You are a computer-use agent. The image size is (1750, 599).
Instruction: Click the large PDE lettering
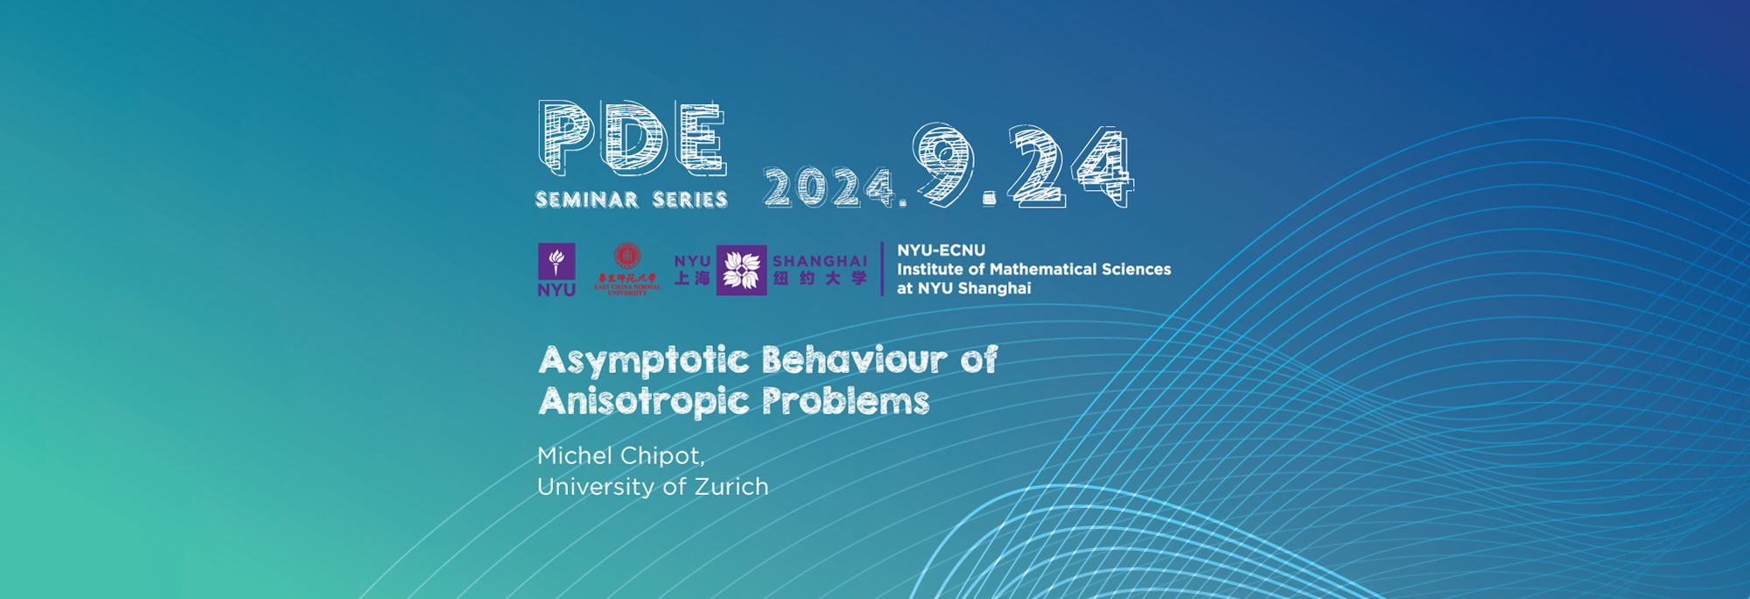pos(632,137)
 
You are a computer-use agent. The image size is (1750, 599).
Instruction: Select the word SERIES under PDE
pos(690,200)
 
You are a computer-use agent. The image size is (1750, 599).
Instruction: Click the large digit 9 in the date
pos(945,165)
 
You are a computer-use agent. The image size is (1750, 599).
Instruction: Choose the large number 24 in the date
pos(1070,166)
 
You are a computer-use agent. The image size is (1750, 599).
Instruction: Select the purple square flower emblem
pos(741,270)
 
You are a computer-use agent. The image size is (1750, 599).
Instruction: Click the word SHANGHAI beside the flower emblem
pos(820,261)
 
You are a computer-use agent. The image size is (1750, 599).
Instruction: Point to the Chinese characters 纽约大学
pos(820,278)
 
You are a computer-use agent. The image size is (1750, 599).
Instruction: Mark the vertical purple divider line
pos(882,269)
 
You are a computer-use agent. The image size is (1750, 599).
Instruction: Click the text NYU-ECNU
pos(941,250)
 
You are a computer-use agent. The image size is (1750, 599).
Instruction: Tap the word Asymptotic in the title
pos(644,360)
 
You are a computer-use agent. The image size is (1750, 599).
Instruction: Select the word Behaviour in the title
pos(854,360)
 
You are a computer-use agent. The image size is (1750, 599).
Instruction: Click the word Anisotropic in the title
pos(644,401)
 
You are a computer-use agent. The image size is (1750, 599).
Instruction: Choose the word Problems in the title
pos(845,401)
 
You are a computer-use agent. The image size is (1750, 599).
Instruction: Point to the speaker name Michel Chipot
pos(620,455)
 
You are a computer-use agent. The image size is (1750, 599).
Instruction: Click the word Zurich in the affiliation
pos(731,487)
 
